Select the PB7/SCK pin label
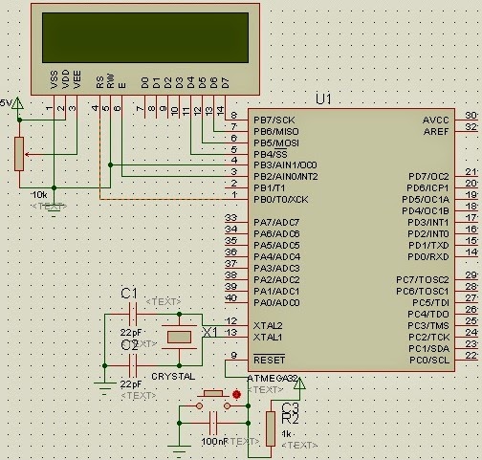(274, 119)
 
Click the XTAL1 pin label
(268, 337)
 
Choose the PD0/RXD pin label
(427, 256)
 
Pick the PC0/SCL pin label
(428, 359)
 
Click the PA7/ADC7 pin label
(275, 222)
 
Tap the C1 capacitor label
(129, 293)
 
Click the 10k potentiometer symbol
(17, 153)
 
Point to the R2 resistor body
(271, 427)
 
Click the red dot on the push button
(236, 393)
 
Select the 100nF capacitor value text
(215, 441)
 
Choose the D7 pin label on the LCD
(226, 82)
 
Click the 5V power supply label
(6, 102)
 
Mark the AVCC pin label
(435, 120)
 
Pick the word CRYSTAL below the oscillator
(173, 377)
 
